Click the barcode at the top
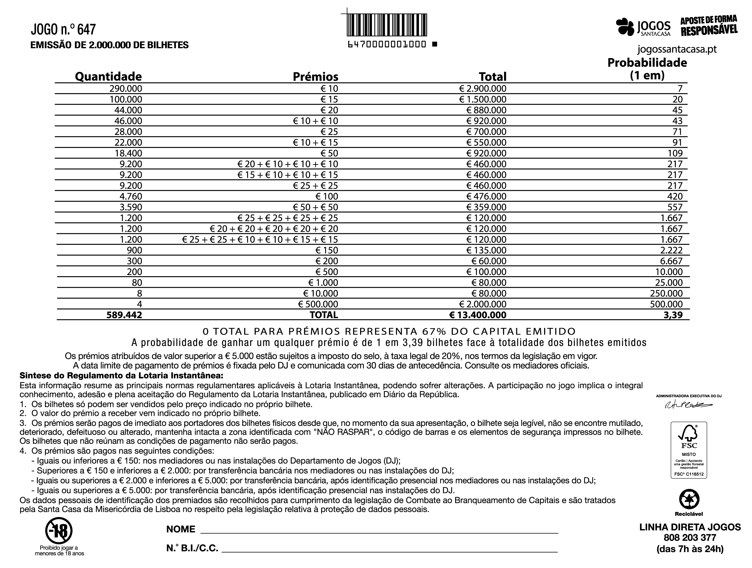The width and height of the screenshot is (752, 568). point(387,25)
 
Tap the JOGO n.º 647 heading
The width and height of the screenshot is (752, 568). point(63,30)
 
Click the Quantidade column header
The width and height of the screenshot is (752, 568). point(108,76)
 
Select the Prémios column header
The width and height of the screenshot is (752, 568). point(316,77)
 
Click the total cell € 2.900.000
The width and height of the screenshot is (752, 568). point(482,89)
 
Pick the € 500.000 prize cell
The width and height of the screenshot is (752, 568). point(318,304)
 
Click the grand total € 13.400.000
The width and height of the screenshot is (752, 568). point(478,315)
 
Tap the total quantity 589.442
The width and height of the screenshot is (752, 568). point(124,315)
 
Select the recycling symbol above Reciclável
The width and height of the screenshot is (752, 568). point(689,499)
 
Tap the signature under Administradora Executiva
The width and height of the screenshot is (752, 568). point(688,405)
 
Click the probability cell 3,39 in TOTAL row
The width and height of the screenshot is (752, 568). point(673,315)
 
